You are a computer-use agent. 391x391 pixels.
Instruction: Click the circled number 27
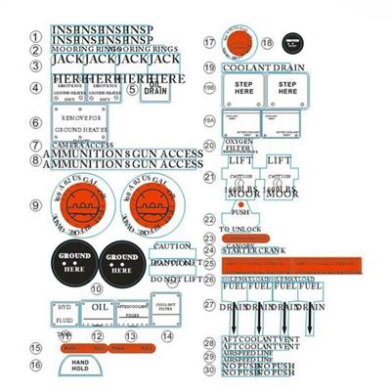tap(209, 305)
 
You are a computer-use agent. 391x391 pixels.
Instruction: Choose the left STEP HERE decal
tap(243, 92)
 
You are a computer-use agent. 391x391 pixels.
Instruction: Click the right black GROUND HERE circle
tap(122, 260)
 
